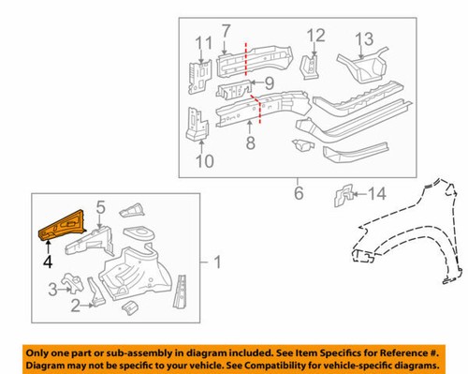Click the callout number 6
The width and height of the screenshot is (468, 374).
click(x=299, y=194)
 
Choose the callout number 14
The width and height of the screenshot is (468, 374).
click(x=376, y=195)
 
